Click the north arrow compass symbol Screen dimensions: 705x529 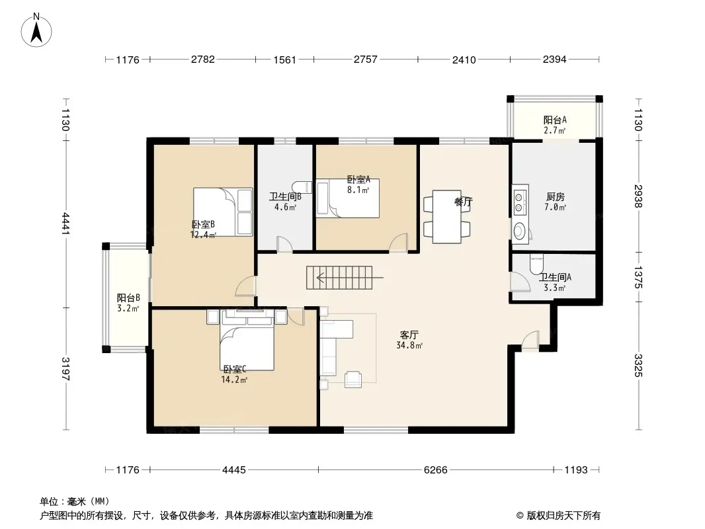tap(36, 30)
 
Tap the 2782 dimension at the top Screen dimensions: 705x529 tap(203, 60)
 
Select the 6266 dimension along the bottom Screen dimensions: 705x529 tap(435, 469)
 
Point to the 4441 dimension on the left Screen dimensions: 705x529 tap(65, 224)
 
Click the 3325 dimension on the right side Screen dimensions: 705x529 tap(638, 366)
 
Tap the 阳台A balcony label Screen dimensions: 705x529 tap(554, 120)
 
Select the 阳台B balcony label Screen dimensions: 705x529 tap(128, 298)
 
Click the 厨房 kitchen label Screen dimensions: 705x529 tap(556, 197)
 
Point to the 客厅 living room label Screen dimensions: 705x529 tap(409, 335)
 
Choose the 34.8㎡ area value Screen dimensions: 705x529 tap(409, 346)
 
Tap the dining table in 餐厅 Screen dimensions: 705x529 tap(447, 217)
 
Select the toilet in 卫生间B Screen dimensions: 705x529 tap(302, 186)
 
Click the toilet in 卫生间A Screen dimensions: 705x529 tap(536, 264)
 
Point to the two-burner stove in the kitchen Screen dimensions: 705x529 tap(520, 202)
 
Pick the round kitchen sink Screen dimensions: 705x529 tap(519, 231)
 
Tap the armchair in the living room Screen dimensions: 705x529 tap(353, 379)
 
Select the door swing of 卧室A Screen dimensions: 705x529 tap(398, 242)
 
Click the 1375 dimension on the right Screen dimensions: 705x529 tap(638, 277)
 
